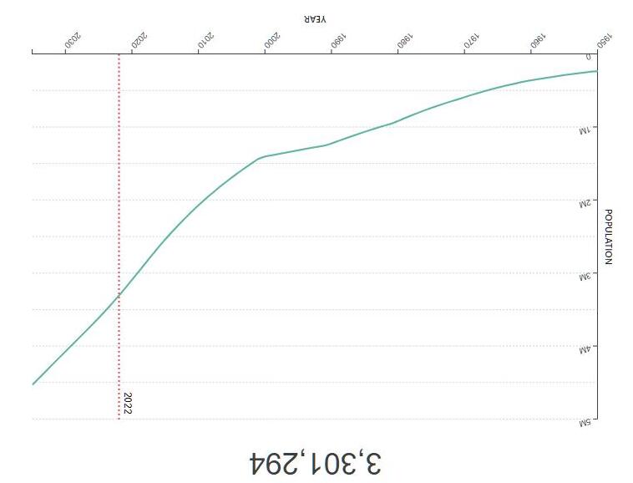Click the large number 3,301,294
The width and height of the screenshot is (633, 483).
click(x=316, y=464)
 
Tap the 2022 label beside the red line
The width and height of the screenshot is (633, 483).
click(x=128, y=403)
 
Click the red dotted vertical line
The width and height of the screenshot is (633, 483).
click(x=119, y=236)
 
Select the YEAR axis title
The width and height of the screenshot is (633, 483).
click(x=316, y=18)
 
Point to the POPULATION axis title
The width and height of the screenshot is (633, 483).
click(x=608, y=236)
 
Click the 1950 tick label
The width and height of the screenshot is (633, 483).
click(x=605, y=40)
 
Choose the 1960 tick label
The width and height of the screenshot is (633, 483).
click(x=538, y=40)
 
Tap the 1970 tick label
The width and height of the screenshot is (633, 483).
click(x=472, y=40)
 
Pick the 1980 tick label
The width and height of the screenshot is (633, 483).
click(x=405, y=40)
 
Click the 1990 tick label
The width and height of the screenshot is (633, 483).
click(x=338, y=40)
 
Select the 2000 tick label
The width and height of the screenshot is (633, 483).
click(x=272, y=40)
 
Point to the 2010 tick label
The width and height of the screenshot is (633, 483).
click(x=205, y=40)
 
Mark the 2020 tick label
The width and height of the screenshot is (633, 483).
click(x=139, y=40)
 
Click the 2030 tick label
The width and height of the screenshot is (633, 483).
click(x=73, y=40)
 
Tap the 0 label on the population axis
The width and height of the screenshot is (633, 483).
click(x=589, y=57)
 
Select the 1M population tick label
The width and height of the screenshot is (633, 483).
click(x=585, y=130)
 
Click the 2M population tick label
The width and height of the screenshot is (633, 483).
click(x=585, y=204)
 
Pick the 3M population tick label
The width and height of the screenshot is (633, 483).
click(x=585, y=277)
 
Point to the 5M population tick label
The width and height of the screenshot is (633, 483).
click(x=585, y=423)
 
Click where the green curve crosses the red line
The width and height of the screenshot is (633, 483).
click(x=119, y=295)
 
